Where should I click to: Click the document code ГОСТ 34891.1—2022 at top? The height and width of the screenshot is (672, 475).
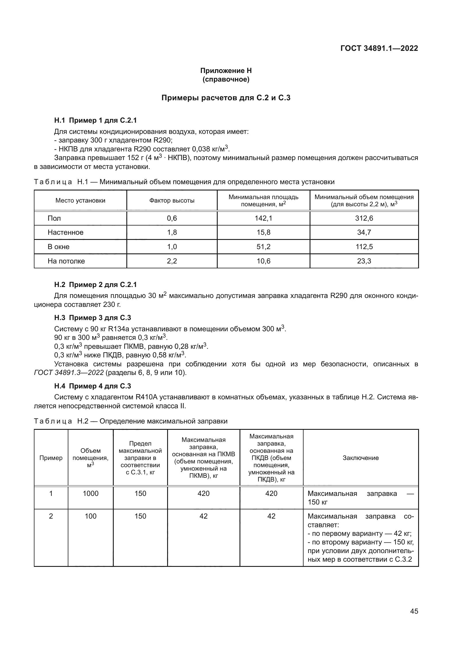coord(379,48)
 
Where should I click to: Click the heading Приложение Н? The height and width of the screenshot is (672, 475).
coord(226,71)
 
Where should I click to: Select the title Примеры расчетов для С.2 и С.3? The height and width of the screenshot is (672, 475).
coord(226,98)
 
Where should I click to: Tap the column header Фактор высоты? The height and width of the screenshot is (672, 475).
coord(172,201)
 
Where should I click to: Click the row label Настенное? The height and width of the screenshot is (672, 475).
coord(65,232)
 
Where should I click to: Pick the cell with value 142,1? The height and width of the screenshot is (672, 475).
coord(263,218)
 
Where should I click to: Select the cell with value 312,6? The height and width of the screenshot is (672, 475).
coord(364,218)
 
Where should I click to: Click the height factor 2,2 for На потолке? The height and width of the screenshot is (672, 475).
coord(172,261)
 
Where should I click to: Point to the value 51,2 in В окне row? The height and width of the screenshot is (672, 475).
coord(263,247)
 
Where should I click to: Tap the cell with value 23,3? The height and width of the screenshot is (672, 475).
coord(364,261)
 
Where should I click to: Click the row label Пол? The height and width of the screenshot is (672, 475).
coord(54,218)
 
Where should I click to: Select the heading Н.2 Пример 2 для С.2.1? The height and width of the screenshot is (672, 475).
coord(95,285)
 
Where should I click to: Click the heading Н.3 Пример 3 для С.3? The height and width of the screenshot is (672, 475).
coord(92,318)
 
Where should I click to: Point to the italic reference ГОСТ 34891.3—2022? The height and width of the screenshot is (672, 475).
coord(69,373)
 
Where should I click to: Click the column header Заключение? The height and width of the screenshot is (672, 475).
coord(360,458)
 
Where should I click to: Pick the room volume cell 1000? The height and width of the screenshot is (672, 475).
coord(90,494)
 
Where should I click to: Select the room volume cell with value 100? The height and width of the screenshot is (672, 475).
coord(90,516)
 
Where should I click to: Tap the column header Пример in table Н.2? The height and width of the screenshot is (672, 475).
coord(51,458)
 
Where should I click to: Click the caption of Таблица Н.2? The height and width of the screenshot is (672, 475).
coord(130,421)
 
